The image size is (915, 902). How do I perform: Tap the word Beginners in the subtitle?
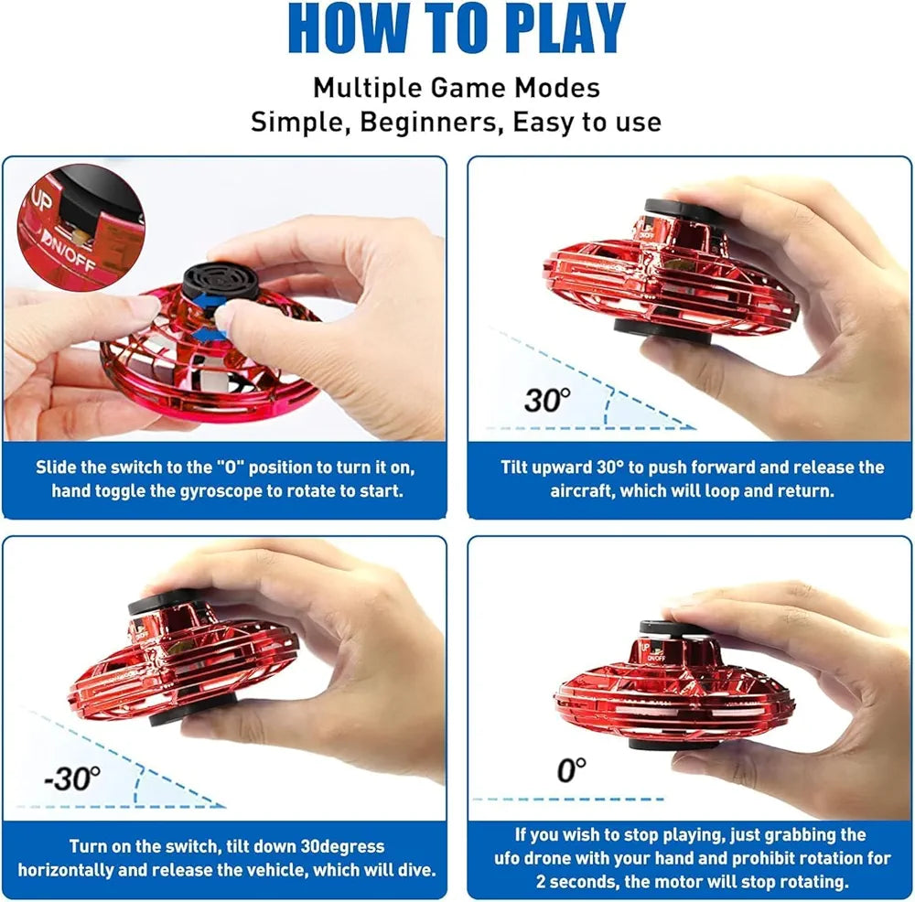click(428, 122)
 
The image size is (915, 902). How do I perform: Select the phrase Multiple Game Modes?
click(457, 88)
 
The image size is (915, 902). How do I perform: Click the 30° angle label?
click(547, 399)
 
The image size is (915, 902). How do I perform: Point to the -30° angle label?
click(73, 778)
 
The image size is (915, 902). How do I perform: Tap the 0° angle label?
click(570, 771)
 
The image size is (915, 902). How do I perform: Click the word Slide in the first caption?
click(57, 467)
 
